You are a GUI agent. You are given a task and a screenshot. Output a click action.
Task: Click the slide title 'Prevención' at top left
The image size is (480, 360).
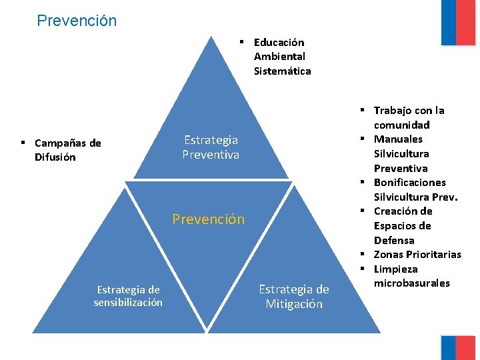(77, 21)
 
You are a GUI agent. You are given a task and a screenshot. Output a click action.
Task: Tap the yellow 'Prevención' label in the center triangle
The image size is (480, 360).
(209, 219)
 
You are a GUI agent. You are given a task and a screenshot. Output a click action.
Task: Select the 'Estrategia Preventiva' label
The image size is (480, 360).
(211, 147)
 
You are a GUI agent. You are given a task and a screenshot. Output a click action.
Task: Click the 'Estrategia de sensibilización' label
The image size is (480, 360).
(128, 296)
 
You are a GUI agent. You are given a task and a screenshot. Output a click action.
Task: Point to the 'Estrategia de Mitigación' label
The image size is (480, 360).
(294, 297)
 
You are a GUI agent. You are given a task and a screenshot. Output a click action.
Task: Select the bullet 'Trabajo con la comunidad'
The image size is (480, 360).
(409, 117)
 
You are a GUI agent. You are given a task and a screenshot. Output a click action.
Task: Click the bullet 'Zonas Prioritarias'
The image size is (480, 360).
(417, 254)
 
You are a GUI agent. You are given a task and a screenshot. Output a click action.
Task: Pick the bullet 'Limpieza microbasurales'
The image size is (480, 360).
(411, 276)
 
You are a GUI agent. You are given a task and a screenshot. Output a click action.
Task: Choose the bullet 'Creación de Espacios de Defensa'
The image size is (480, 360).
(403, 225)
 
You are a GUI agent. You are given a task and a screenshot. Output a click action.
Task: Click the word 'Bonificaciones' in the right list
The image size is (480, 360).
(410, 182)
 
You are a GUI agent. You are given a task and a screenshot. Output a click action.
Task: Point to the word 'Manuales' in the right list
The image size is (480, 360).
(398, 139)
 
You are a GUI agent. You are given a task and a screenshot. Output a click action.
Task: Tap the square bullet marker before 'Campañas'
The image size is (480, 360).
(23, 143)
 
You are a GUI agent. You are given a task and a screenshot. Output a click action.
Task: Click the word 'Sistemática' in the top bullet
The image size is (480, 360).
(282, 71)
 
